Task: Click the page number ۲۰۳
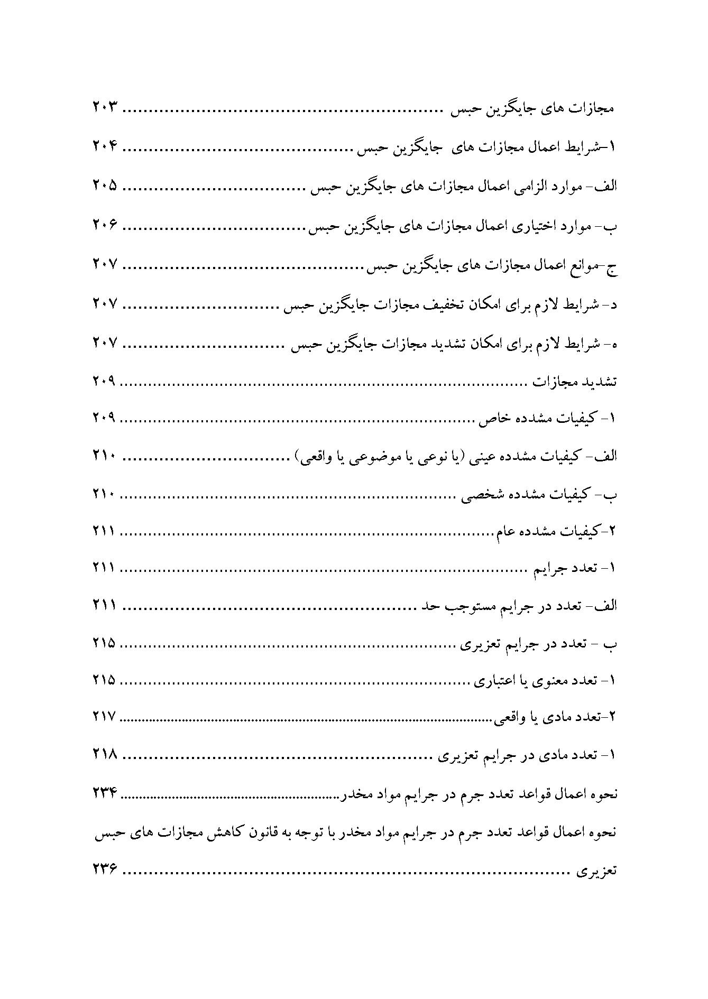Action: pos(104,109)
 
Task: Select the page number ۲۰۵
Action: pos(104,186)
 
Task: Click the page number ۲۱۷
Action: pos(104,717)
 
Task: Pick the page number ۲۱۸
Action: pos(104,754)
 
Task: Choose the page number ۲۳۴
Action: pos(104,793)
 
